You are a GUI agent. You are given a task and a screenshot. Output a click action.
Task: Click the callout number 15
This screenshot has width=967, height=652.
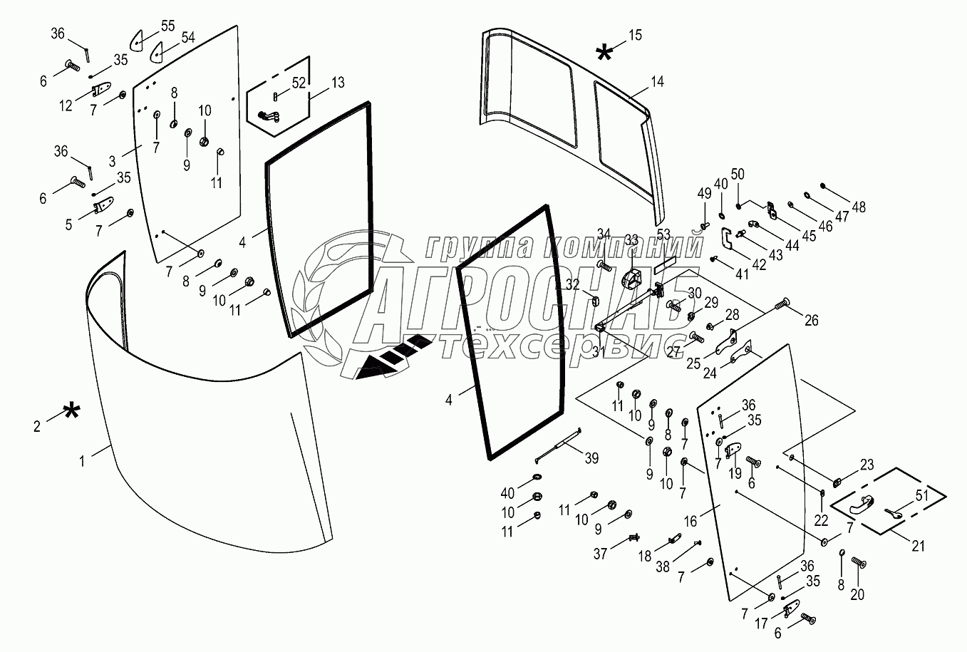pyautogui.click(x=634, y=35)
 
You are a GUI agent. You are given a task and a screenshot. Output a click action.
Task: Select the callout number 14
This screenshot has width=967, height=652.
pyautogui.click(x=656, y=82)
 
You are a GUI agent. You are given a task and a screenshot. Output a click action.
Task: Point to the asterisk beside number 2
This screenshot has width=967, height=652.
pyautogui.click(x=71, y=412)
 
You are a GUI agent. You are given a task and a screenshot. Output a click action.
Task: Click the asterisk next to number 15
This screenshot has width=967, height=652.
pyautogui.click(x=604, y=53)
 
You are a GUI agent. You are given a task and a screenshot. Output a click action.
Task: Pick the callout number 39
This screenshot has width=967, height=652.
pyautogui.click(x=591, y=457)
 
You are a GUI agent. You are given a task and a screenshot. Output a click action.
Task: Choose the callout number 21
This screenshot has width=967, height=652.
pyautogui.click(x=918, y=547)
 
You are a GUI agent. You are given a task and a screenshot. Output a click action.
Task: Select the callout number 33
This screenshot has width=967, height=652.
pyautogui.click(x=631, y=240)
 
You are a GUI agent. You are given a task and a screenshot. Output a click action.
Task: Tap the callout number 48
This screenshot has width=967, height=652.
pyautogui.click(x=859, y=207)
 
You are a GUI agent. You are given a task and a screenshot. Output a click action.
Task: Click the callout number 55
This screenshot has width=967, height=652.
pyautogui.click(x=167, y=26)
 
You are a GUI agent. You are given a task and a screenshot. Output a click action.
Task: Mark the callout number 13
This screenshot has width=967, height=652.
pyautogui.click(x=337, y=83)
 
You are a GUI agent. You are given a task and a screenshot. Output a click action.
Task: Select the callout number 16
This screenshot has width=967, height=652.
pyautogui.click(x=690, y=522)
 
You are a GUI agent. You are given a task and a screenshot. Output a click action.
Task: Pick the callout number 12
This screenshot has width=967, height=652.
pyautogui.click(x=66, y=107)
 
